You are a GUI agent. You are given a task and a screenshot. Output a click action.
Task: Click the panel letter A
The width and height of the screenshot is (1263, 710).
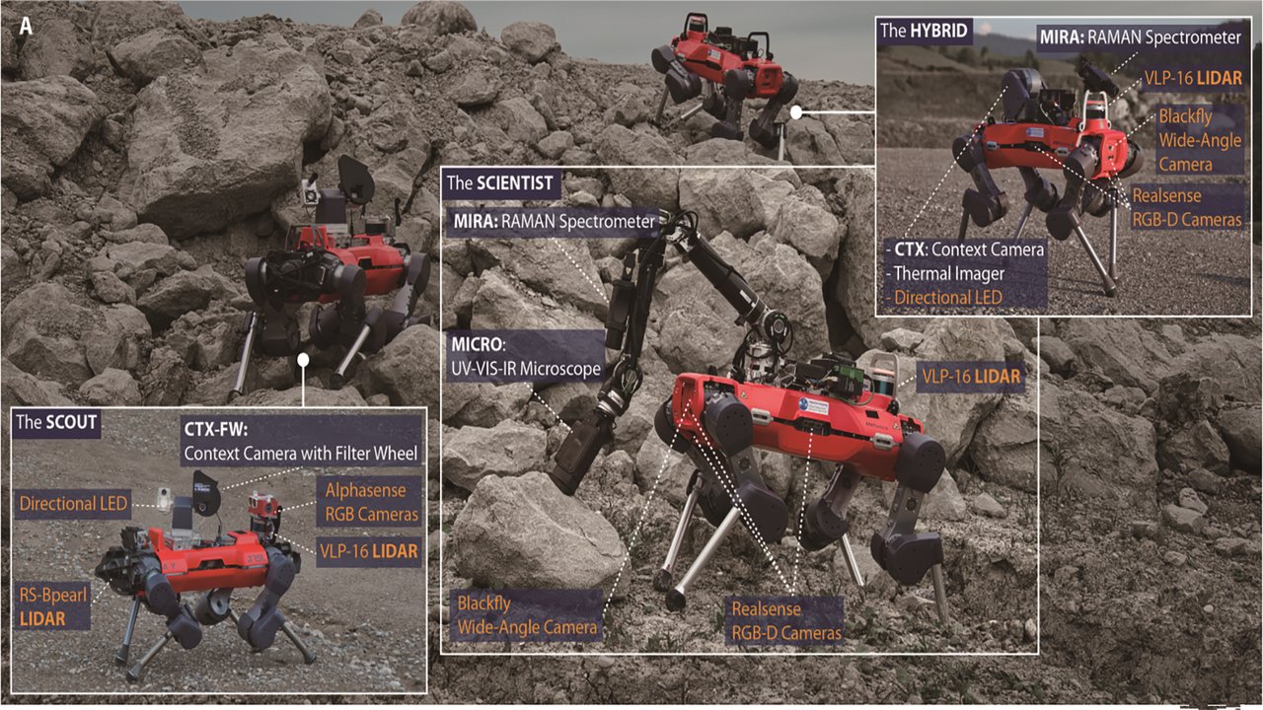[26, 26]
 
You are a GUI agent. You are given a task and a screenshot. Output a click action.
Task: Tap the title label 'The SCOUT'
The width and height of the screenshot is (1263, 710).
[56, 423]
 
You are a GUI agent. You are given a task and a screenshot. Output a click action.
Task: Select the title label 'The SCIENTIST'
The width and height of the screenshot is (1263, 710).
[500, 183]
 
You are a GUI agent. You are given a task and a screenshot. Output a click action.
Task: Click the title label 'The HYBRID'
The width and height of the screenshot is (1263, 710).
[924, 31]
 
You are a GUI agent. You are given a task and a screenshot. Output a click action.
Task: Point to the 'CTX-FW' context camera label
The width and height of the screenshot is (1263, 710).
[301, 441]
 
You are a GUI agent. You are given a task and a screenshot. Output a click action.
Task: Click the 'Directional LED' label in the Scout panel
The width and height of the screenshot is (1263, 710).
[73, 503]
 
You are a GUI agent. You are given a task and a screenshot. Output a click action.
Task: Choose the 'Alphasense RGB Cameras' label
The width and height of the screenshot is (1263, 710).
[372, 502]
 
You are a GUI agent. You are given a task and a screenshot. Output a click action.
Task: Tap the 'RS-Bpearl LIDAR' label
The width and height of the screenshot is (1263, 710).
[53, 606]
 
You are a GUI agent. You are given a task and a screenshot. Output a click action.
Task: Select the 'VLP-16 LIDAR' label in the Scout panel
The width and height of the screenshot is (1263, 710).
[369, 551]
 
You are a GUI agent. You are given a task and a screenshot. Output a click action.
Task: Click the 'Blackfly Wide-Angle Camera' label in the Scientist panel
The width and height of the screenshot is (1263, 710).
[527, 615]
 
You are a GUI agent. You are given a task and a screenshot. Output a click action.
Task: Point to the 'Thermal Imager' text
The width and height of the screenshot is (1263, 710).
[945, 274]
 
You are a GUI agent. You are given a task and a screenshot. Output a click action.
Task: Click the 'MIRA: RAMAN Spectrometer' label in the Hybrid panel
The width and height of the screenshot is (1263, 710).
[1141, 37]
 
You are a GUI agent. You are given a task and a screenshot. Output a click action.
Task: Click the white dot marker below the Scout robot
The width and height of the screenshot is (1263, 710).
[303, 360]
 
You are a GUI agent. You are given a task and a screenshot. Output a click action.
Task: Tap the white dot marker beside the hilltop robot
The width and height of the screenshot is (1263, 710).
[796, 112]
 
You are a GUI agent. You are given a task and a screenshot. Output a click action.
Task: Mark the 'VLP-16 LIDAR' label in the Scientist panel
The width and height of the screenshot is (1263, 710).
[971, 377]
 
